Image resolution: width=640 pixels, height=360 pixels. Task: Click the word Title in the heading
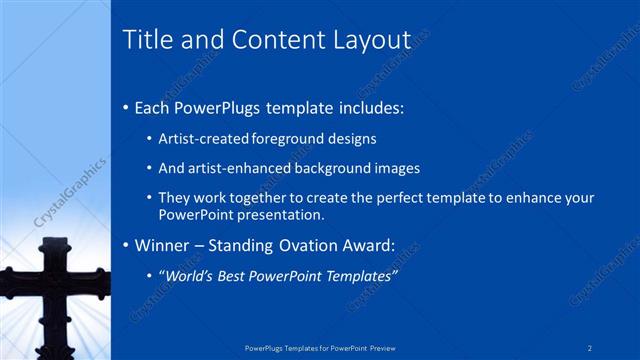pos(145,39)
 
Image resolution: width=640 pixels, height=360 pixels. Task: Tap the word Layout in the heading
pos(372,39)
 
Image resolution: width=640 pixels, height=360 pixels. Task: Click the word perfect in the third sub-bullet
pos(378,198)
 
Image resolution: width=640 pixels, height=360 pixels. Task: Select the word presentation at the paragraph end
pos(281,214)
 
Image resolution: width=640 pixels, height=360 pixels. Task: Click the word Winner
pos(163,245)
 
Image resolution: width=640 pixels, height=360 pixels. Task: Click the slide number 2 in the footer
pos(590,348)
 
